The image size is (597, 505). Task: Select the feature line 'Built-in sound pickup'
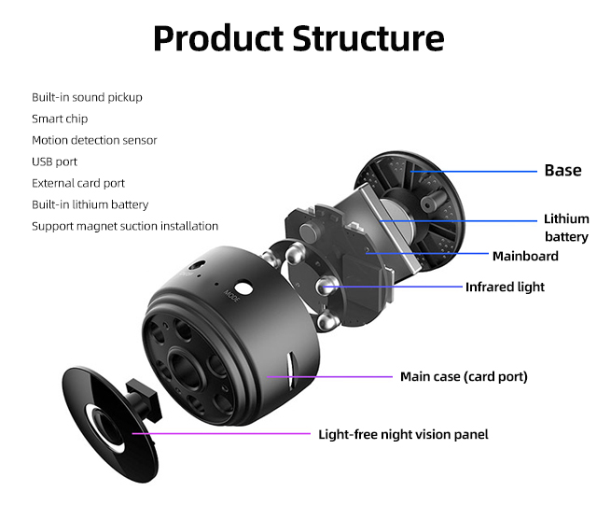(87, 97)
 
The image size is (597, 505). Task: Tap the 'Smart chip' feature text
(60, 119)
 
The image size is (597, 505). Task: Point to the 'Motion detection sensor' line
(94, 140)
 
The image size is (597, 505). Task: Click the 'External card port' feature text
(78, 183)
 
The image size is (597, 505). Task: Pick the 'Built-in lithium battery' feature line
(90, 204)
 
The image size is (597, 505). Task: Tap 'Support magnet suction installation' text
(125, 226)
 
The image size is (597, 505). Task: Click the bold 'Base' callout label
(562, 170)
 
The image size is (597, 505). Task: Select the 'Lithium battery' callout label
(566, 228)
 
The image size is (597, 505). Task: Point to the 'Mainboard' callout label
(525, 256)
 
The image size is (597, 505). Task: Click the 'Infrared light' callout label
(505, 287)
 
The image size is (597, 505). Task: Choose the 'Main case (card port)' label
(464, 376)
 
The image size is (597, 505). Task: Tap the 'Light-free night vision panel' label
(403, 434)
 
